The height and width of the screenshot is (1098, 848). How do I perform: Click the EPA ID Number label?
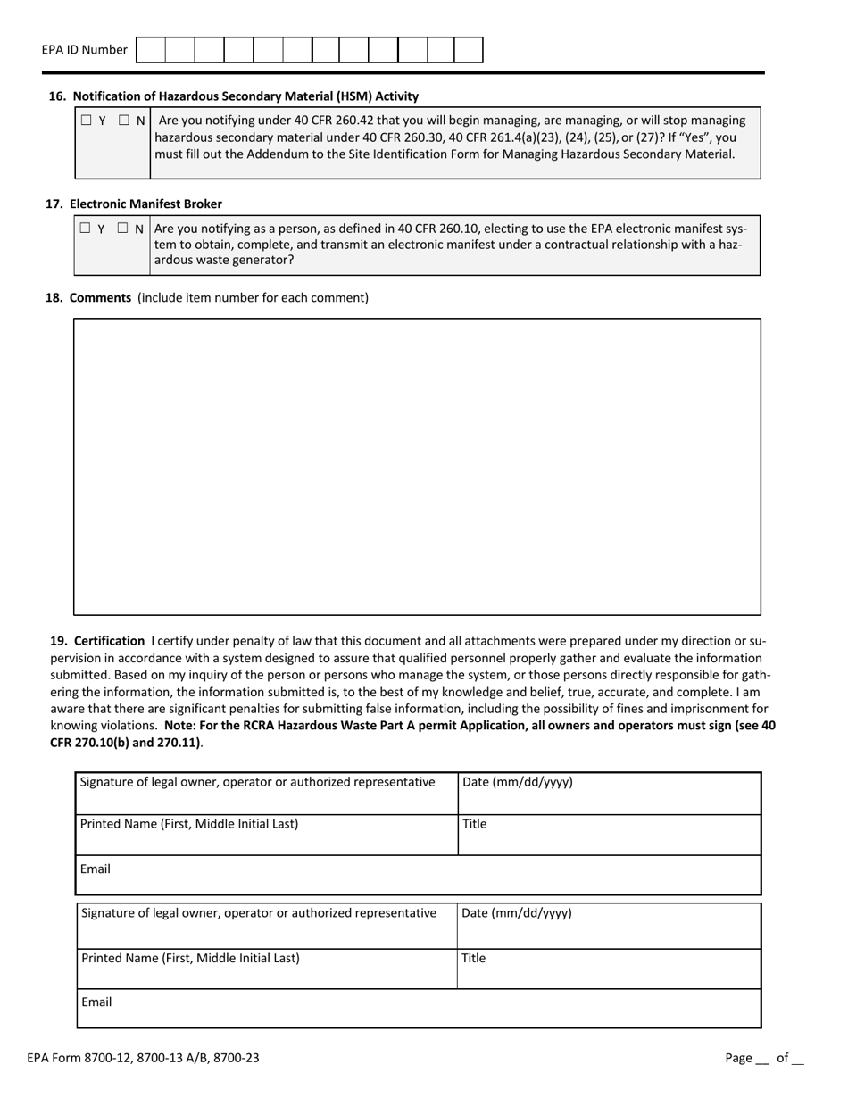(x=84, y=50)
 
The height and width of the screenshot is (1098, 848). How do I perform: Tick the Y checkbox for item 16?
(x=86, y=121)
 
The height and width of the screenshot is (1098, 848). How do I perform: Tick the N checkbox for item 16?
(x=124, y=121)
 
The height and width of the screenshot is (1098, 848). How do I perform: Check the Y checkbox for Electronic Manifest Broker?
(x=85, y=229)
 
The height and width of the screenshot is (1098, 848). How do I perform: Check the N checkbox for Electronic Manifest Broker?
(x=123, y=229)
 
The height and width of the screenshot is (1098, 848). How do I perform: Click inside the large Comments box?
(x=417, y=466)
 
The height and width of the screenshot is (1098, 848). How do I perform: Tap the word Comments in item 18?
(x=100, y=297)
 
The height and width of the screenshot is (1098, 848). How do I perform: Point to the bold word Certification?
(x=109, y=640)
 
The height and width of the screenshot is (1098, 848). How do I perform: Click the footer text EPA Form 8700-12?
(x=143, y=1058)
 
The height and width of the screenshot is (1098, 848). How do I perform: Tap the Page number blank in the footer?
(x=761, y=1059)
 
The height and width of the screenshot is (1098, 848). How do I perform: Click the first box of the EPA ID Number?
(x=151, y=50)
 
